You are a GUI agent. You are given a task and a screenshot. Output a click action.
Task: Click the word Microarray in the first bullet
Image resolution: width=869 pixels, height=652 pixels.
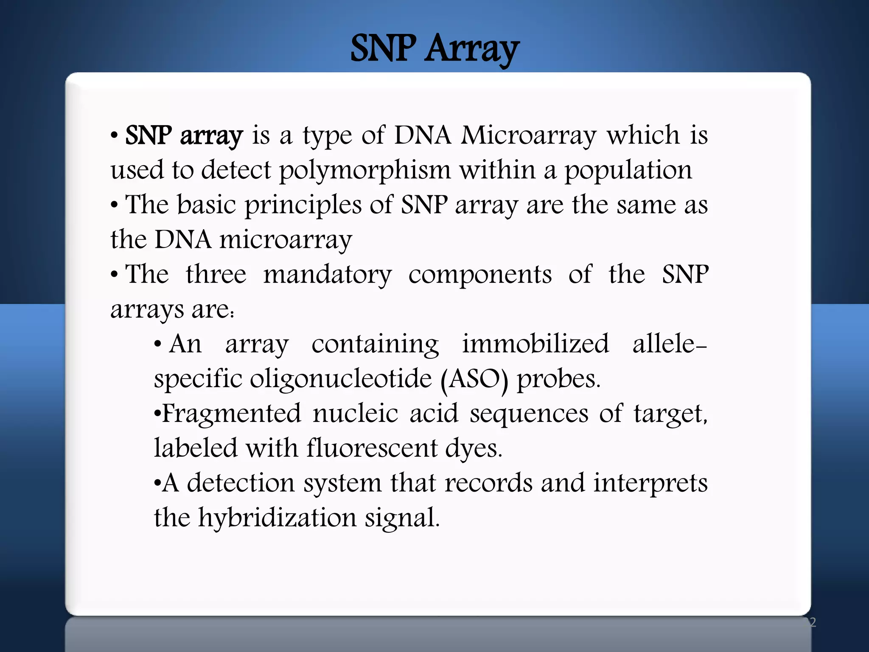click(529, 136)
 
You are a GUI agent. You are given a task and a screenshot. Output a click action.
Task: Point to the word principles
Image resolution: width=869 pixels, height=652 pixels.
click(303, 205)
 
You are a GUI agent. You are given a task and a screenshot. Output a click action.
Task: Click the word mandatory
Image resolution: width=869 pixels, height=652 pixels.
click(327, 275)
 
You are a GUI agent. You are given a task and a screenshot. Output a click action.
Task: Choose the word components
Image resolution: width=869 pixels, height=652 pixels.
click(480, 275)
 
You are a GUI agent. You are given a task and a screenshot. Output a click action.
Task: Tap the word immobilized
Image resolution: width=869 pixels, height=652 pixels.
click(535, 344)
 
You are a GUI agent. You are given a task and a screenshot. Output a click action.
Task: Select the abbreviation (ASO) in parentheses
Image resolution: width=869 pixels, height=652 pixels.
click(474, 379)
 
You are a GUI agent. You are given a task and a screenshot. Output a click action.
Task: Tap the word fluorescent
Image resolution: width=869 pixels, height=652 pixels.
click(372, 448)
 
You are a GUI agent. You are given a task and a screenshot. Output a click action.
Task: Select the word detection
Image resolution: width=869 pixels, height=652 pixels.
click(241, 483)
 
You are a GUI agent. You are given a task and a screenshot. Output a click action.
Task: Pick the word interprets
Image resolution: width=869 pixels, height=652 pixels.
click(650, 483)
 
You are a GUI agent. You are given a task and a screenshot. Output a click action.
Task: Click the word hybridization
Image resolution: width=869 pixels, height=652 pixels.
click(278, 518)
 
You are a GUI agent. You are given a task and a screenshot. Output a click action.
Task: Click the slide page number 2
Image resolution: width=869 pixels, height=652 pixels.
click(813, 622)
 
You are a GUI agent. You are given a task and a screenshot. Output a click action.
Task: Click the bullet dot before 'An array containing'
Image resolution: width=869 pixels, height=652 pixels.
click(158, 344)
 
